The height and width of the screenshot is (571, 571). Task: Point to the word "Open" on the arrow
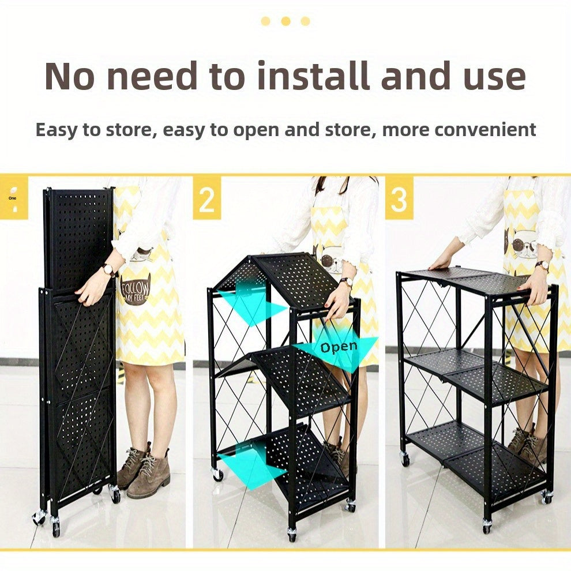[339, 347]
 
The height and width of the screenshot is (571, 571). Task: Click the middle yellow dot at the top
[286, 21]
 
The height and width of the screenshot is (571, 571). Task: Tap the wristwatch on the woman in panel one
[108, 270]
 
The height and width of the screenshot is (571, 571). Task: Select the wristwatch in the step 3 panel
[541, 265]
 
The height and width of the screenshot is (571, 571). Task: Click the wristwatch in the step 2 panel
[346, 282]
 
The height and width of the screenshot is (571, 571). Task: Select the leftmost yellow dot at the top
[266, 21]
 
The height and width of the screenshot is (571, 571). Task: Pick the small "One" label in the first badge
[12, 198]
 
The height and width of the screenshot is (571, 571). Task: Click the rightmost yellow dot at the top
[306, 21]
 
